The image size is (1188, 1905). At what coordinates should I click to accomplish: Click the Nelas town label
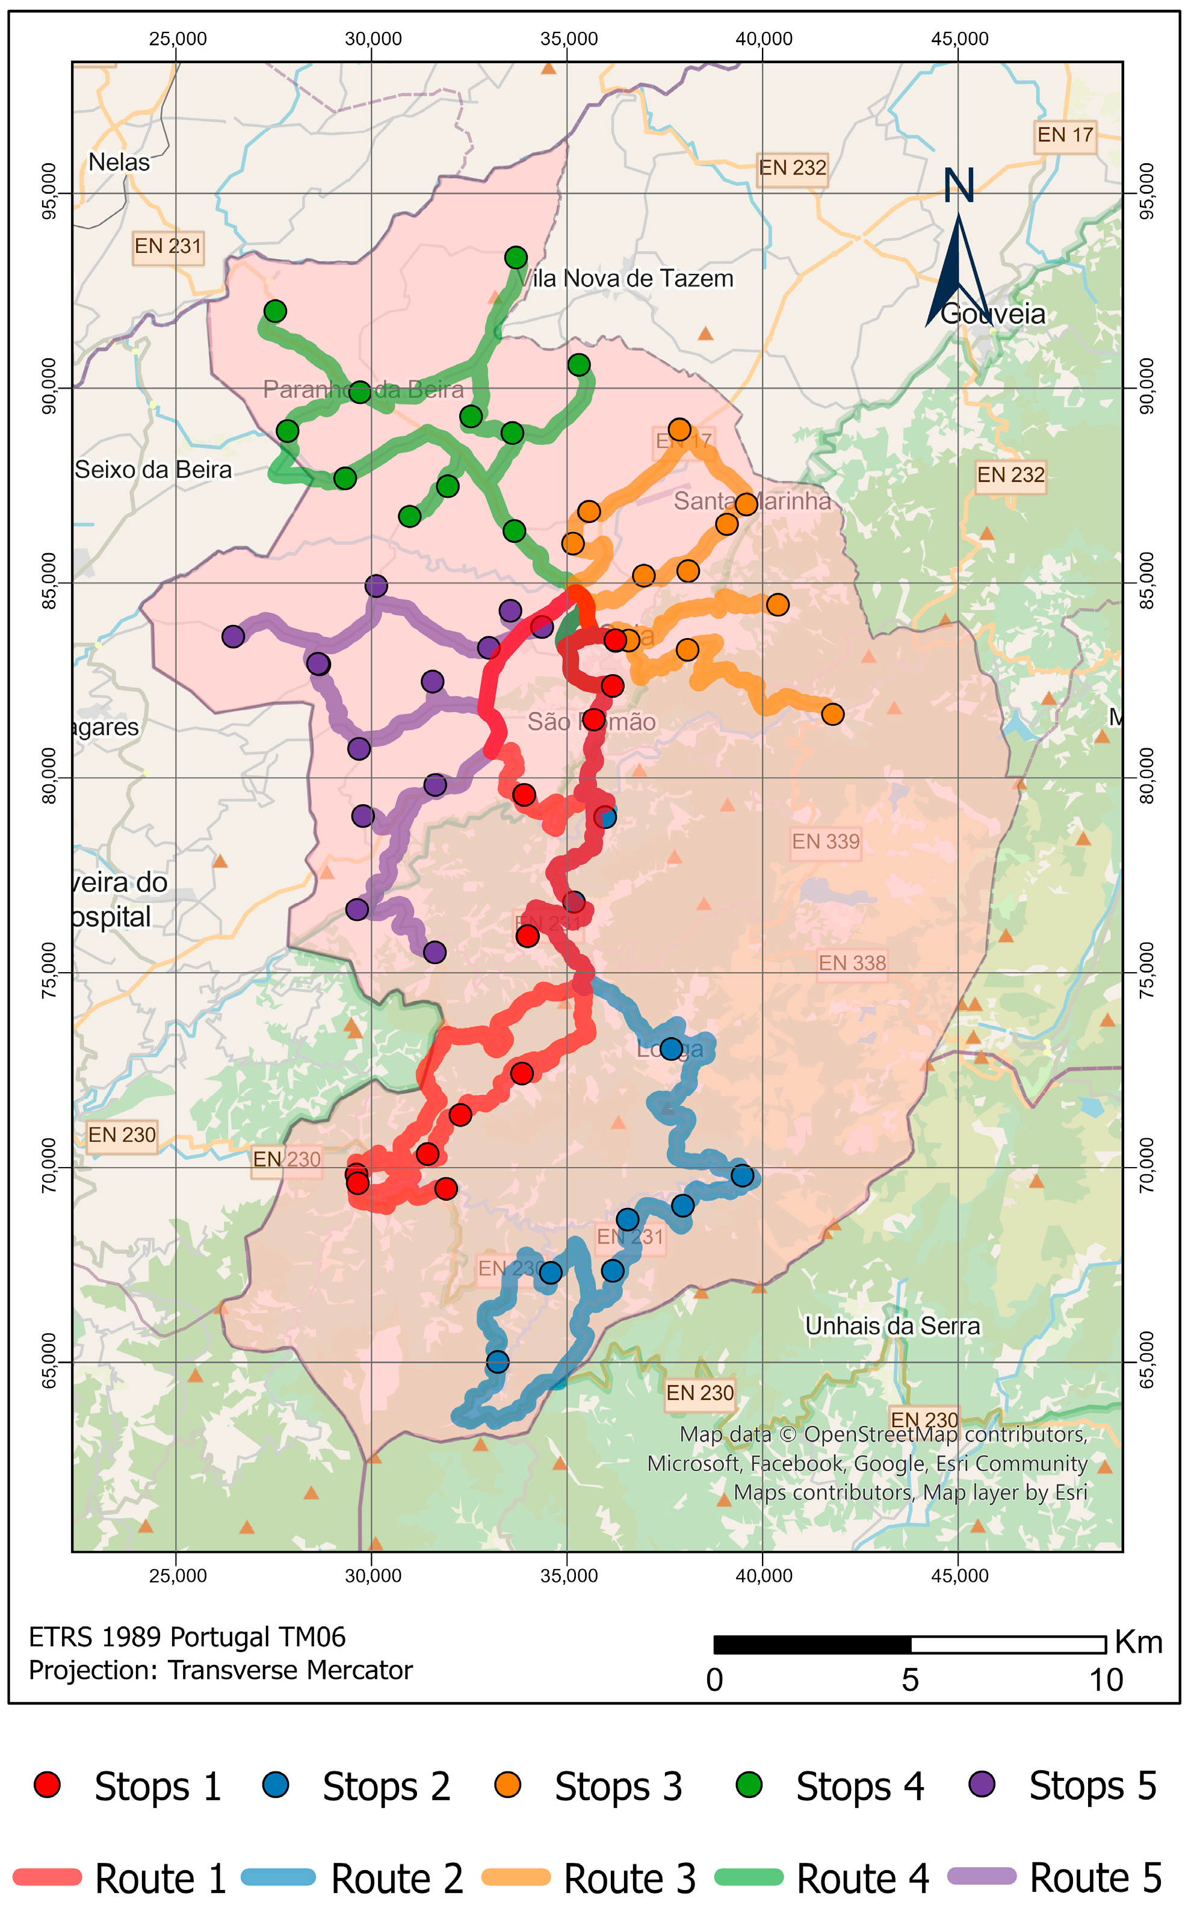pyautogui.click(x=119, y=163)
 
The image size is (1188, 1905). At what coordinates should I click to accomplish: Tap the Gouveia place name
pyautogui.click(x=993, y=314)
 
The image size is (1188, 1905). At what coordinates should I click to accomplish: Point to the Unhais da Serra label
pyautogui.click(x=893, y=1326)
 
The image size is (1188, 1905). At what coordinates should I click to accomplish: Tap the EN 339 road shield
pyautogui.click(x=825, y=841)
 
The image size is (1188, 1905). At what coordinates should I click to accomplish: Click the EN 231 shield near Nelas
pyautogui.click(x=167, y=247)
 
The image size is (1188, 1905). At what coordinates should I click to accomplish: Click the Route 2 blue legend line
pyautogui.click(x=278, y=1877)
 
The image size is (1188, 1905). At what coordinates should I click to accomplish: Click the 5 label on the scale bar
pyautogui.click(x=910, y=1680)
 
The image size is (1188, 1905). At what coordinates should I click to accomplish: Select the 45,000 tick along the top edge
pyautogui.click(x=959, y=39)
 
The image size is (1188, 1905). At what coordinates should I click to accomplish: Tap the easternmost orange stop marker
pyautogui.click(x=833, y=714)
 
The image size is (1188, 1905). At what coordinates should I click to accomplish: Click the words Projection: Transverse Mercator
pyautogui.click(x=220, y=1670)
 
